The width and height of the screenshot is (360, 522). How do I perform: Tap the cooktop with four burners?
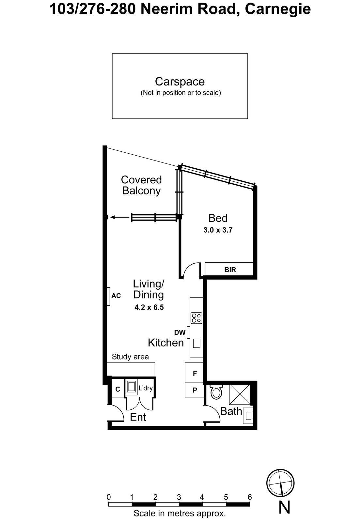point(196,318)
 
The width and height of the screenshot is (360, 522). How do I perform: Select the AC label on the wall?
point(116,296)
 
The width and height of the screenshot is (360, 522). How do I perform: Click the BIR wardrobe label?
point(230,270)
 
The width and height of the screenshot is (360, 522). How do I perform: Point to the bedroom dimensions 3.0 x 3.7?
point(218,230)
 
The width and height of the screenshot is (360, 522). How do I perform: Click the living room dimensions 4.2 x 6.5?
point(149,307)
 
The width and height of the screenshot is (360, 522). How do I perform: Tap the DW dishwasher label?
point(180,332)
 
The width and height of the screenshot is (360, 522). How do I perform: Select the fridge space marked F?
point(195,373)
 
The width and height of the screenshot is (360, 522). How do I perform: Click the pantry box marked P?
point(195,390)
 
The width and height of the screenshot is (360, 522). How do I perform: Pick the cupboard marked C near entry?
point(118,389)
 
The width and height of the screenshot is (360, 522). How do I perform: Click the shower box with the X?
point(240,395)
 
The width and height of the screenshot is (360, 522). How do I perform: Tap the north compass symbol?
point(280,483)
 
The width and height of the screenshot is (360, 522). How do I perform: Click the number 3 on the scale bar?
point(179,497)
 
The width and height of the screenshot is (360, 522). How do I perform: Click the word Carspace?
point(180,82)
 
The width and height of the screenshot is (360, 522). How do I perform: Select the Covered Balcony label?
point(141,185)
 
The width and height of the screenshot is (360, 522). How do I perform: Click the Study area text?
point(130,357)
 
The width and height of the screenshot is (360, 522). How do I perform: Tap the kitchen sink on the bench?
point(196,343)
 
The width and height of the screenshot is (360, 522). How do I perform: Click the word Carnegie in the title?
point(277,9)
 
